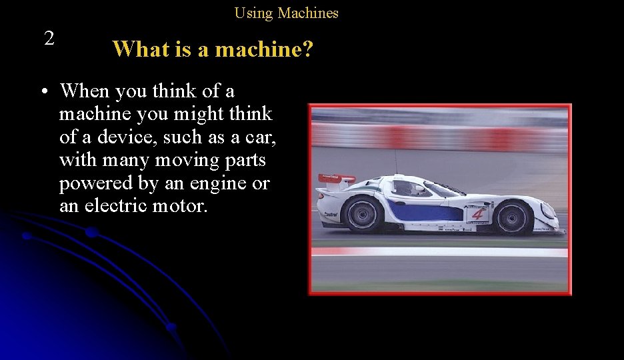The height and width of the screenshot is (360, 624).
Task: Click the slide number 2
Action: pos(49,38)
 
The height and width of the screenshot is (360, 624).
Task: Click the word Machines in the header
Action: pos(308,13)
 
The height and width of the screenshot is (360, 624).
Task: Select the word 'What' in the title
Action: pos(137,49)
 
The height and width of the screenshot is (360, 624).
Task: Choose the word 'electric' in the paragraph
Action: pos(115,206)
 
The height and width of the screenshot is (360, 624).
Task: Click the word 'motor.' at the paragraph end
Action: pos(180,206)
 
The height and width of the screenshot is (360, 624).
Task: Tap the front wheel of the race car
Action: pos(513,218)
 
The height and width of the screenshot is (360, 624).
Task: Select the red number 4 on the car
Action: pos(477,214)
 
